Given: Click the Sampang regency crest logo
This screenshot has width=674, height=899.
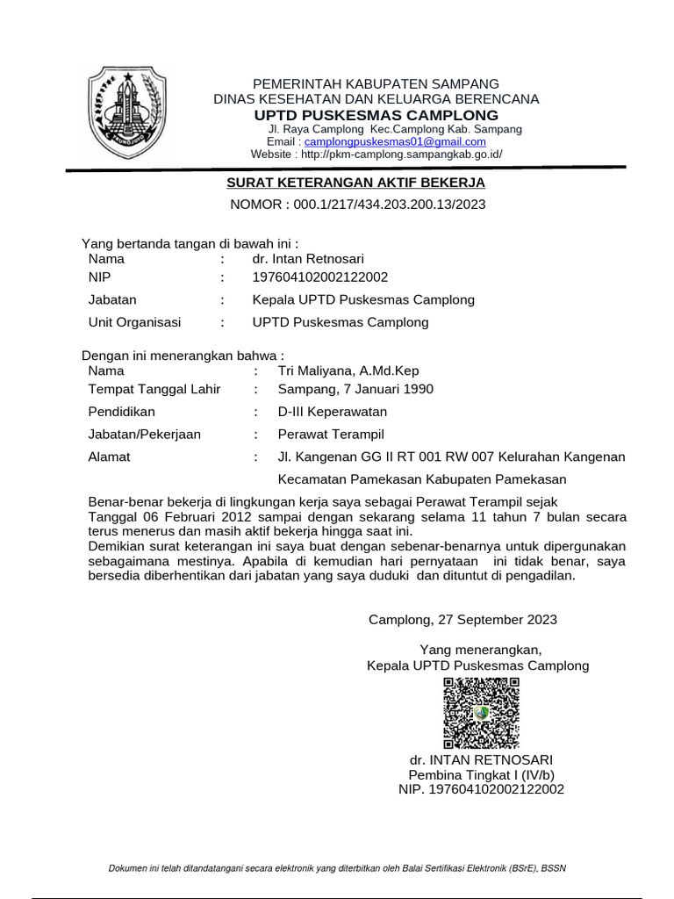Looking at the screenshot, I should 125,109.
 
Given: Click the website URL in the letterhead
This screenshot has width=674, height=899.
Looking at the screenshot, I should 401,154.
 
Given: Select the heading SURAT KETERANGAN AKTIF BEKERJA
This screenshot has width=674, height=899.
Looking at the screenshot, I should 355,183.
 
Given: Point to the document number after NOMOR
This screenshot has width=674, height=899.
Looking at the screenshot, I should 385,205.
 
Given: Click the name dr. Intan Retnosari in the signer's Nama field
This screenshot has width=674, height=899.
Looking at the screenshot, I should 308,258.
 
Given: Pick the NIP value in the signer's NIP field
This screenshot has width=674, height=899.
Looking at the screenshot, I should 319,277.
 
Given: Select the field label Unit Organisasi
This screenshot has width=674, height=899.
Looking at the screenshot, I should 135,322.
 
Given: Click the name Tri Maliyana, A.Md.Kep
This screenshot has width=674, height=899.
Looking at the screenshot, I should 348,370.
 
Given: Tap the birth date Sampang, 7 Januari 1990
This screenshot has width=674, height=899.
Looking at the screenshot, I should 355,389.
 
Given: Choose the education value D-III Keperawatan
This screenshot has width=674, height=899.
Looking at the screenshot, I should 333,412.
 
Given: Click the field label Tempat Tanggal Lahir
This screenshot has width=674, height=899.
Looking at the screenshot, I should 154,389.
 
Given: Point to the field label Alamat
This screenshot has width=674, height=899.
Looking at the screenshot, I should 110,457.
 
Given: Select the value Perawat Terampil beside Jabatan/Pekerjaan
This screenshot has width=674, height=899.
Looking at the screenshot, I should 331,434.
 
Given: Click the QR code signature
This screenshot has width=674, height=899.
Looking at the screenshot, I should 481,712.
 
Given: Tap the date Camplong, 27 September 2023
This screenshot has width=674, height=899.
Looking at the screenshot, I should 462,620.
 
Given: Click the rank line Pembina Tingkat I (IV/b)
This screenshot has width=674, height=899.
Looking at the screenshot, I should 481,774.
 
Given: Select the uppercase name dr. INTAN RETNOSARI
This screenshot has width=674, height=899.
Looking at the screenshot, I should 481,759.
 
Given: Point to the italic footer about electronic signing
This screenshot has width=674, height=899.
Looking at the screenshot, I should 337,868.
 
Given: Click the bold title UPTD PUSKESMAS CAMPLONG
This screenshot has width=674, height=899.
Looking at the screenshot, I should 376,116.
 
